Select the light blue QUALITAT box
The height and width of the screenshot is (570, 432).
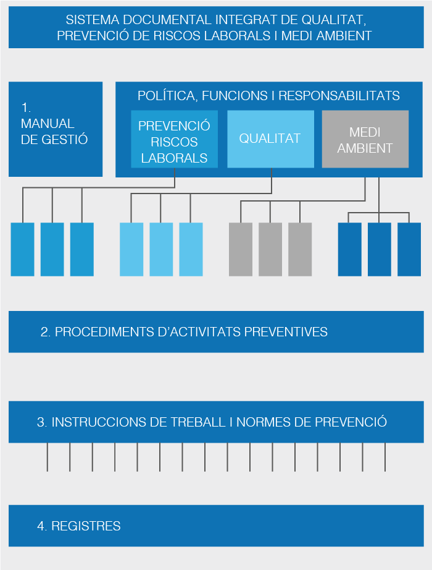(270, 138)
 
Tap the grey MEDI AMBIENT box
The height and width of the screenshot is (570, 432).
(365, 140)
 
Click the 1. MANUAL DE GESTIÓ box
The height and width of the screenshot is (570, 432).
(56, 129)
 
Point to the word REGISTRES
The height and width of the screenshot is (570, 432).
(86, 526)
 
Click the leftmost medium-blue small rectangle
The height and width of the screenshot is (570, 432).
(23, 249)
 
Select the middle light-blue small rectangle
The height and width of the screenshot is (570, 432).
(161, 249)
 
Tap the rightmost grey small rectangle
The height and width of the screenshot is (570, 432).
(300, 249)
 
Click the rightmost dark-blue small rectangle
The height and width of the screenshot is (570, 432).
(409, 249)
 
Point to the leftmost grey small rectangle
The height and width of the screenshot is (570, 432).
(241, 249)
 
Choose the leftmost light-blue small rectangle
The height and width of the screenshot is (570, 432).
(131, 249)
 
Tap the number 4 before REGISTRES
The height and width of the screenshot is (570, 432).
(41, 526)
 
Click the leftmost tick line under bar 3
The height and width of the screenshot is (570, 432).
(48, 457)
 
